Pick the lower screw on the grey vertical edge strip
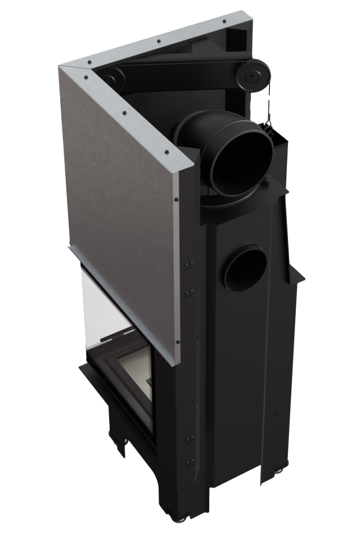pyautogui.click(x=178, y=341)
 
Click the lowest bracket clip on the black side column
pyautogui.click(x=189, y=463)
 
